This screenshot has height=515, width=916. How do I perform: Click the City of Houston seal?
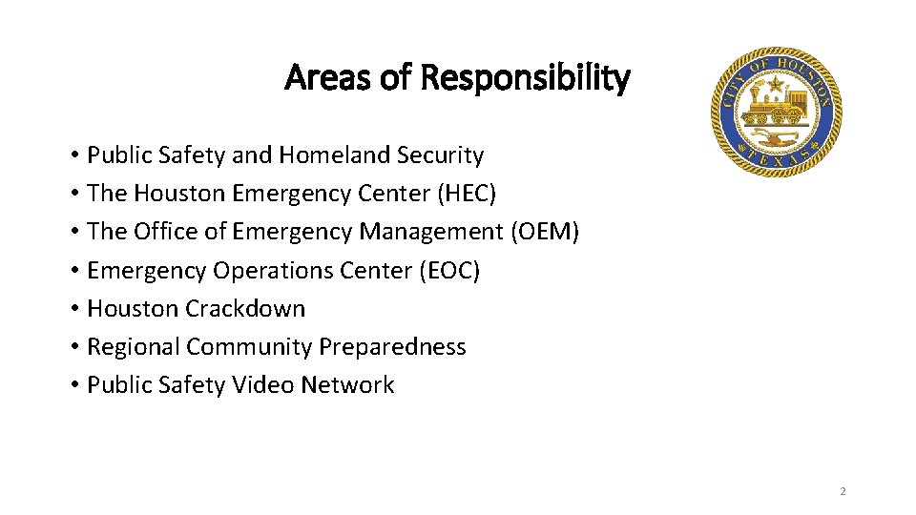(776, 112)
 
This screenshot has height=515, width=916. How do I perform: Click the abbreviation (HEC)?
(467, 194)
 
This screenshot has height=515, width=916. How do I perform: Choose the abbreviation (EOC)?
(448, 271)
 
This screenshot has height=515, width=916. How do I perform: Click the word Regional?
(133, 347)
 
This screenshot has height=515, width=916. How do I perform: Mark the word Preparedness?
(392, 347)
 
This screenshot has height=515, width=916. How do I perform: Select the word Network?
(347, 385)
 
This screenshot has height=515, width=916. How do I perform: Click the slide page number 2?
(843, 491)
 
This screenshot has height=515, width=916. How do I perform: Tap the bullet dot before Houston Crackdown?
(73, 309)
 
